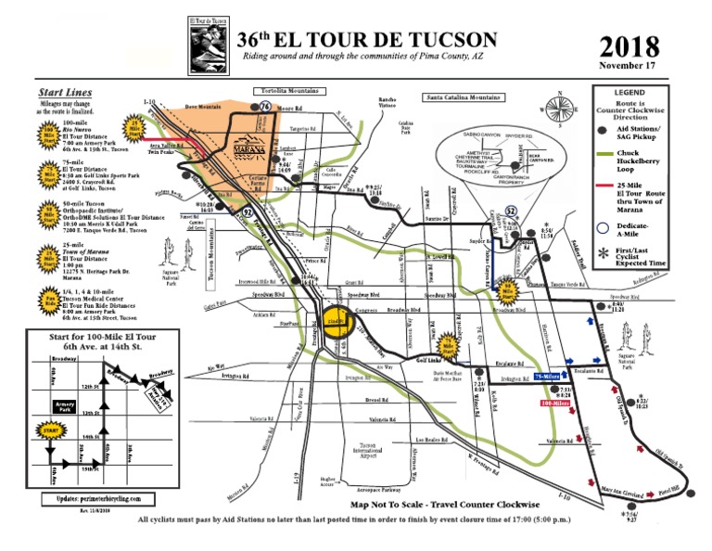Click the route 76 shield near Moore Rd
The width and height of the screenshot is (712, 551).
coord(265,108)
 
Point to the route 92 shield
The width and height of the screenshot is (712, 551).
coord(248,186)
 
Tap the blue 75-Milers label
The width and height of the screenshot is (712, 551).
coord(547,377)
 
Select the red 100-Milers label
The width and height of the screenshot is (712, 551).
coord(554,404)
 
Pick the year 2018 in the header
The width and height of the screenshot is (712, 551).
coord(629,46)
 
